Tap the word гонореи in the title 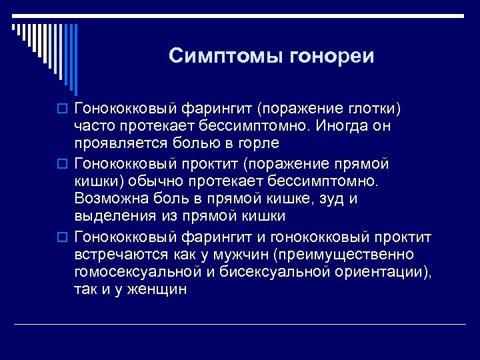332,55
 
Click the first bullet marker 64,109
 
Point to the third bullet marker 64,238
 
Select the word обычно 159,181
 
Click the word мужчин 241,255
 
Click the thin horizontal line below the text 240,324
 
